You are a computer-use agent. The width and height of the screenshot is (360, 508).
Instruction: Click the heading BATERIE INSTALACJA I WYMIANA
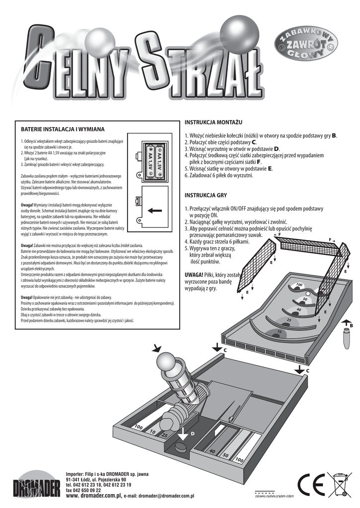(62, 128)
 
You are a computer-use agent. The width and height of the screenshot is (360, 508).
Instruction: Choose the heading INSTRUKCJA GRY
(206, 195)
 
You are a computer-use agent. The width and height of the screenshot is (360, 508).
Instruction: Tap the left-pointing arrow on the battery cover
(154, 210)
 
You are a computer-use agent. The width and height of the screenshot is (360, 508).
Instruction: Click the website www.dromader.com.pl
(94, 495)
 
